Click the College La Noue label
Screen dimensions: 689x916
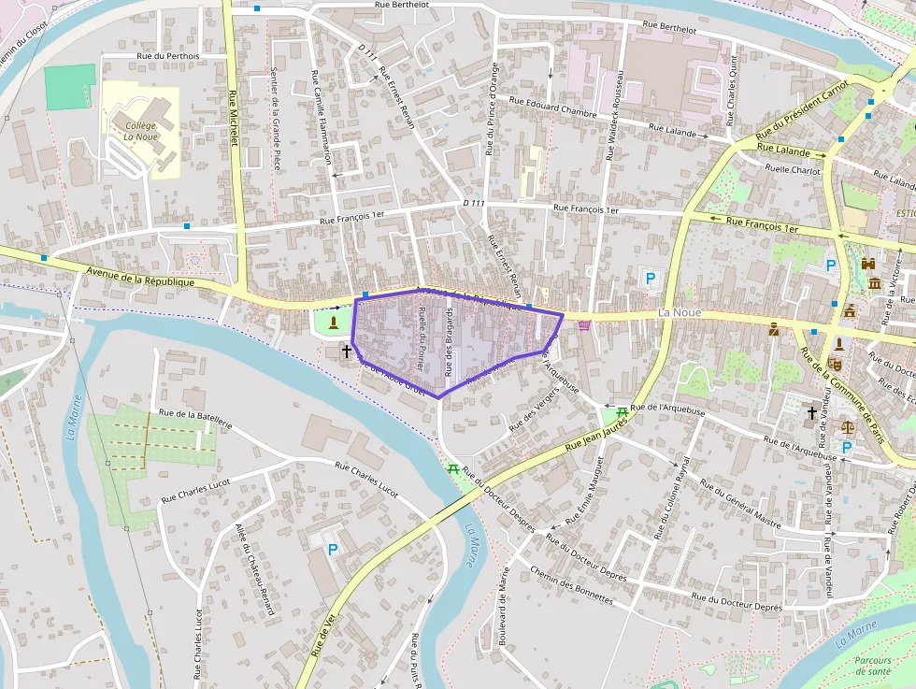pos(140,131)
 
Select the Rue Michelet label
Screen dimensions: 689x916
pos(234,118)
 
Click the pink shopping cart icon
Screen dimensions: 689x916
pos(585,325)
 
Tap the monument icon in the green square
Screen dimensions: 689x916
pos(334,322)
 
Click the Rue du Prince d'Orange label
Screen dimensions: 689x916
pos(491,108)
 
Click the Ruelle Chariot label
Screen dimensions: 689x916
pos(793,169)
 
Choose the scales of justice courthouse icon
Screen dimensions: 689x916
pos(848,426)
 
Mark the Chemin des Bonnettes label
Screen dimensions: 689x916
pos(571,585)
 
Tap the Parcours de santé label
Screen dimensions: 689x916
pos(872,666)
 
